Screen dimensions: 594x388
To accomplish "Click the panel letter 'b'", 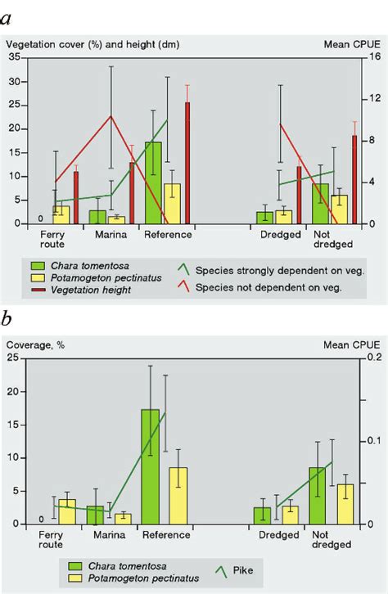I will click(11, 317).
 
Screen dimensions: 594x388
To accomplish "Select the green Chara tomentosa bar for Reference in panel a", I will click(153, 182).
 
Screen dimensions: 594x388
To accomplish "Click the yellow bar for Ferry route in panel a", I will click(61, 214).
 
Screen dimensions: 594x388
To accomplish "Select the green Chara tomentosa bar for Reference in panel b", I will click(150, 466).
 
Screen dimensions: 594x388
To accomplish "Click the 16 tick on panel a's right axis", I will click(372, 58).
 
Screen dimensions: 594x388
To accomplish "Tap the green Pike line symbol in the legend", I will click(218, 571).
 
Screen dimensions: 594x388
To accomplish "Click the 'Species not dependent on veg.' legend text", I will click(283, 287).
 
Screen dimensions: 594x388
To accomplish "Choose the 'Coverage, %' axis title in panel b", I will click(34, 344).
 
